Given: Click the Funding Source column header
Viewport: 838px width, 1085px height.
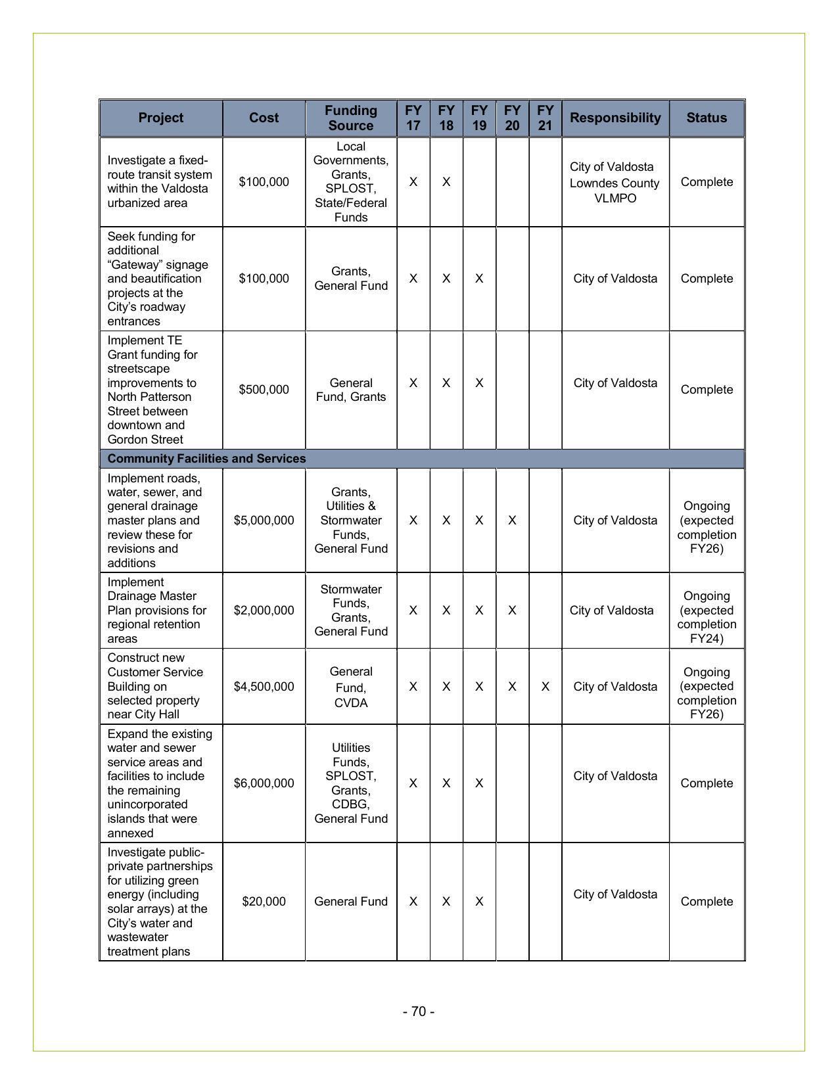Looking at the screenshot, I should pyautogui.click(x=350, y=118).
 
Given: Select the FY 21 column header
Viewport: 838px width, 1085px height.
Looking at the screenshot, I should pyautogui.click(x=545, y=118).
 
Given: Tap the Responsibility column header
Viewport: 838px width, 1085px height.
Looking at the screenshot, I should pyautogui.click(x=615, y=118).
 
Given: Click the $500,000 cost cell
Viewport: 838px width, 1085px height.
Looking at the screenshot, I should pyautogui.click(x=264, y=390).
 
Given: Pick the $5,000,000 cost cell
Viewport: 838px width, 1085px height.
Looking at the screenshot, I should pyautogui.click(x=264, y=520).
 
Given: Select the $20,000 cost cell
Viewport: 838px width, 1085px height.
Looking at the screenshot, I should pyautogui.click(x=264, y=902).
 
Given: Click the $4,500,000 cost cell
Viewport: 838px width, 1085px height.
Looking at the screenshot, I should pyautogui.click(x=264, y=687).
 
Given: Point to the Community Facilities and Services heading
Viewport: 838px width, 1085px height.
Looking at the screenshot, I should pyautogui.click(x=206, y=459).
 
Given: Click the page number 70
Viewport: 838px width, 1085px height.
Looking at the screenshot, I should pyautogui.click(x=419, y=1011).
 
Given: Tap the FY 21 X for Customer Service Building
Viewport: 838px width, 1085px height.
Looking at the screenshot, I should pyautogui.click(x=545, y=687).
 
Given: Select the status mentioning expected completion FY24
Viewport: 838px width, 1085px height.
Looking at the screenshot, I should pyautogui.click(x=707, y=617).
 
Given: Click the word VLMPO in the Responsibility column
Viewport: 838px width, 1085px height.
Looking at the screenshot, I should pyautogui.click(x=615, y=198).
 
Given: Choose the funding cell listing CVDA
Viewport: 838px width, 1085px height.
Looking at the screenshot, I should pyautogui.click(x=350, y=687).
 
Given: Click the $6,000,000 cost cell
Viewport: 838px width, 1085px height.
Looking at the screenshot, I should pyautogui.click(x=264, y=783).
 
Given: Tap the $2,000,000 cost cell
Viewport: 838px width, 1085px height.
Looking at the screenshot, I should pyautogui.click(x=264, y=611).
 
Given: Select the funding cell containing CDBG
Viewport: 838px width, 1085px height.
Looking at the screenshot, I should pyautogui.click(x=350, y=783).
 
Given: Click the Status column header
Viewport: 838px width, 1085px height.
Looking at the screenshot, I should pyautogui.click(x=707, y=118).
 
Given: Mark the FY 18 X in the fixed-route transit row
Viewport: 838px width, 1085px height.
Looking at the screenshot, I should pyautogui.click(x=446, y=182).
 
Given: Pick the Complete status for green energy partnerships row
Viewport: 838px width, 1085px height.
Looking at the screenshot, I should pyautogui.click(x=707, y=902).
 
